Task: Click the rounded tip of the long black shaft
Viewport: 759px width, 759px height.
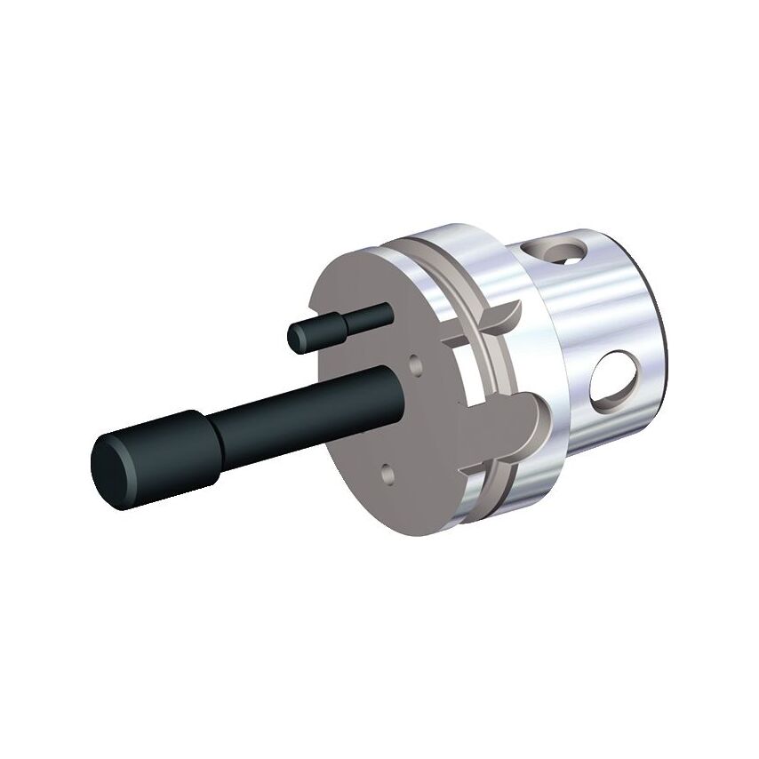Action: [110, 464]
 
